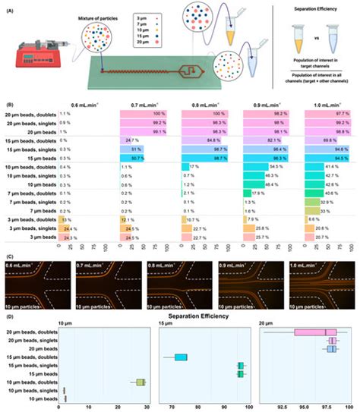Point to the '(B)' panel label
click(x=8, y=97)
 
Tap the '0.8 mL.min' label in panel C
click(x=164, y=268)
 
